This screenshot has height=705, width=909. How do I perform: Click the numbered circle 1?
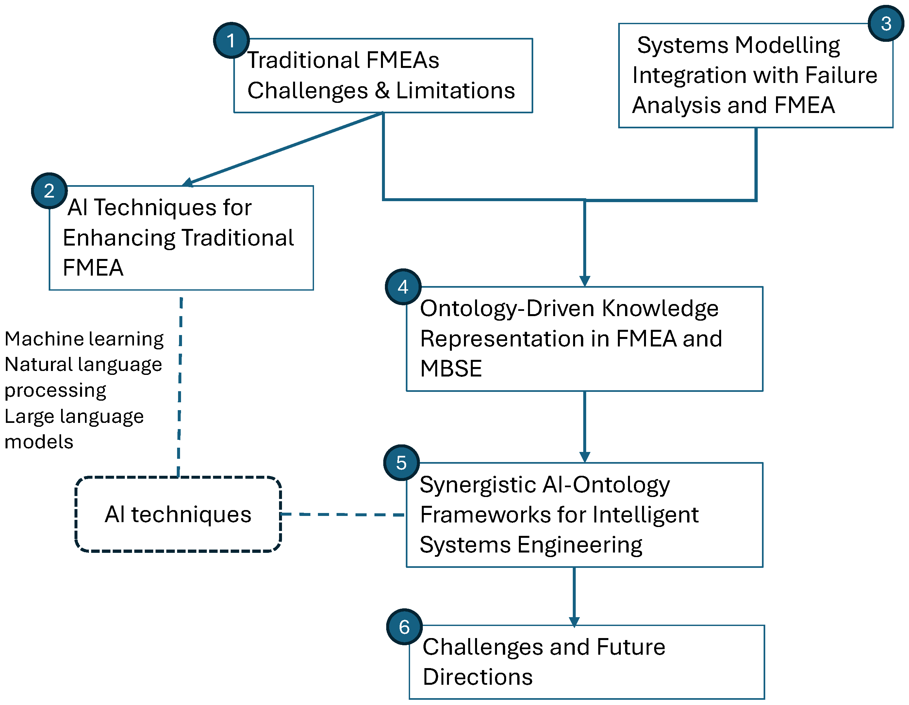click(231, 40)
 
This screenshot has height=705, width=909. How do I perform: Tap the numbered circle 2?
click(50, 190)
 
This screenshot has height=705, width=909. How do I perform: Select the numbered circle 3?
click(886, 23)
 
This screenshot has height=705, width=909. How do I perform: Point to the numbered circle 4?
click(403, 287)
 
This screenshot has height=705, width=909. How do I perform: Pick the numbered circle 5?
click(402, 462)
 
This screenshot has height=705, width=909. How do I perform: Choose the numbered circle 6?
click(405, 627)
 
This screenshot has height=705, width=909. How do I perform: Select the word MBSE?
click(451, 369)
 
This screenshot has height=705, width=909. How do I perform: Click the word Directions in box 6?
click(478, 677)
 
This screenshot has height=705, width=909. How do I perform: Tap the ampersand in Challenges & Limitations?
click(382, 91)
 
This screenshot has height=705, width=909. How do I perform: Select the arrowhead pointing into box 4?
click(585, 281)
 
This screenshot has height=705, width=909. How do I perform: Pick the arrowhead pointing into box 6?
click(574, 622)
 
